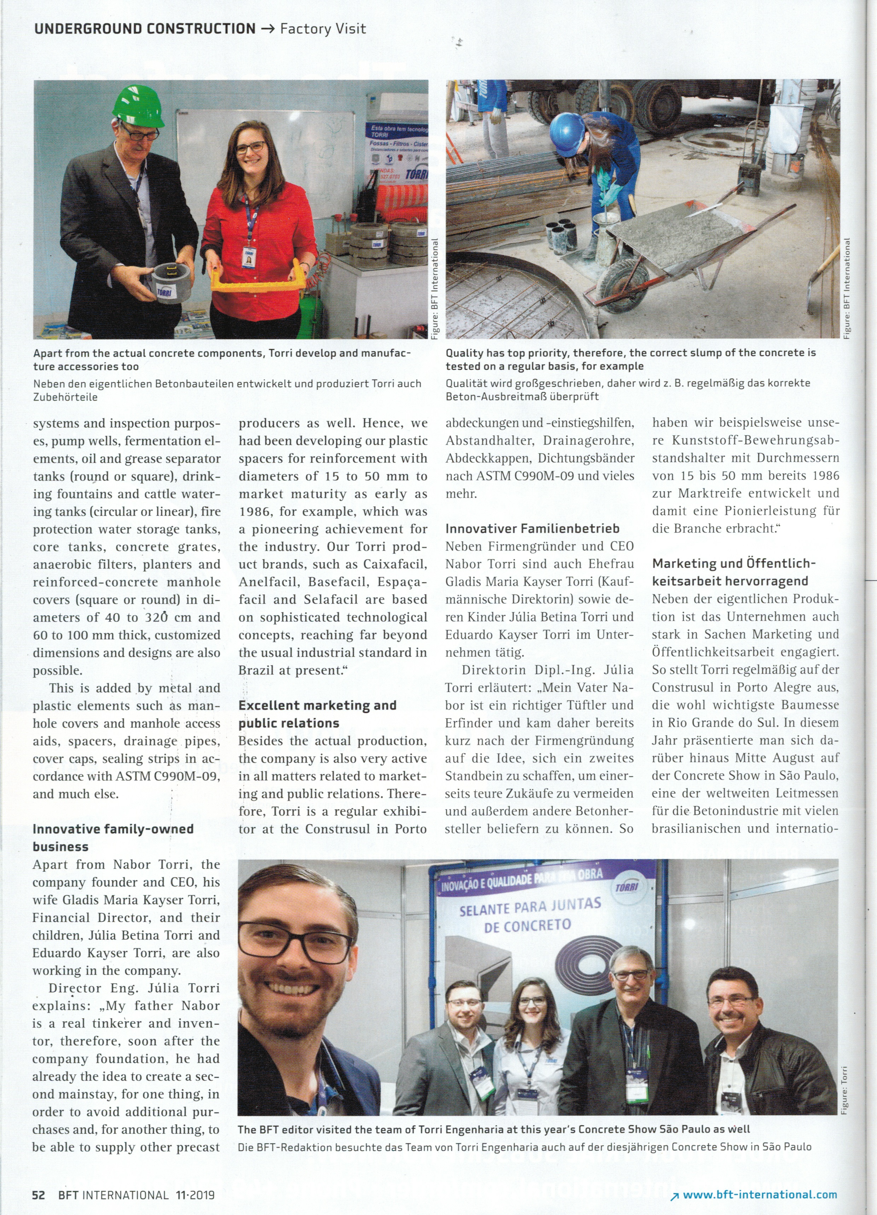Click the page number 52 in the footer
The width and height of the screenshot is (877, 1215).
39,1194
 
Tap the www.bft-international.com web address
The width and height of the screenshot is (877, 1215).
760,1194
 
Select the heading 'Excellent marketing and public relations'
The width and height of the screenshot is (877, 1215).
317,714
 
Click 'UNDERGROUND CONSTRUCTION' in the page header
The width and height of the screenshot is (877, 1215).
145,29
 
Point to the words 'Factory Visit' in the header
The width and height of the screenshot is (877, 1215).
323,29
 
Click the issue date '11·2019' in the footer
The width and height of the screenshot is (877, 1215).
194,1194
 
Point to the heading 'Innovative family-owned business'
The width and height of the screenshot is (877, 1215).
113,838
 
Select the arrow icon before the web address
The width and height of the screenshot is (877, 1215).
674,1196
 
